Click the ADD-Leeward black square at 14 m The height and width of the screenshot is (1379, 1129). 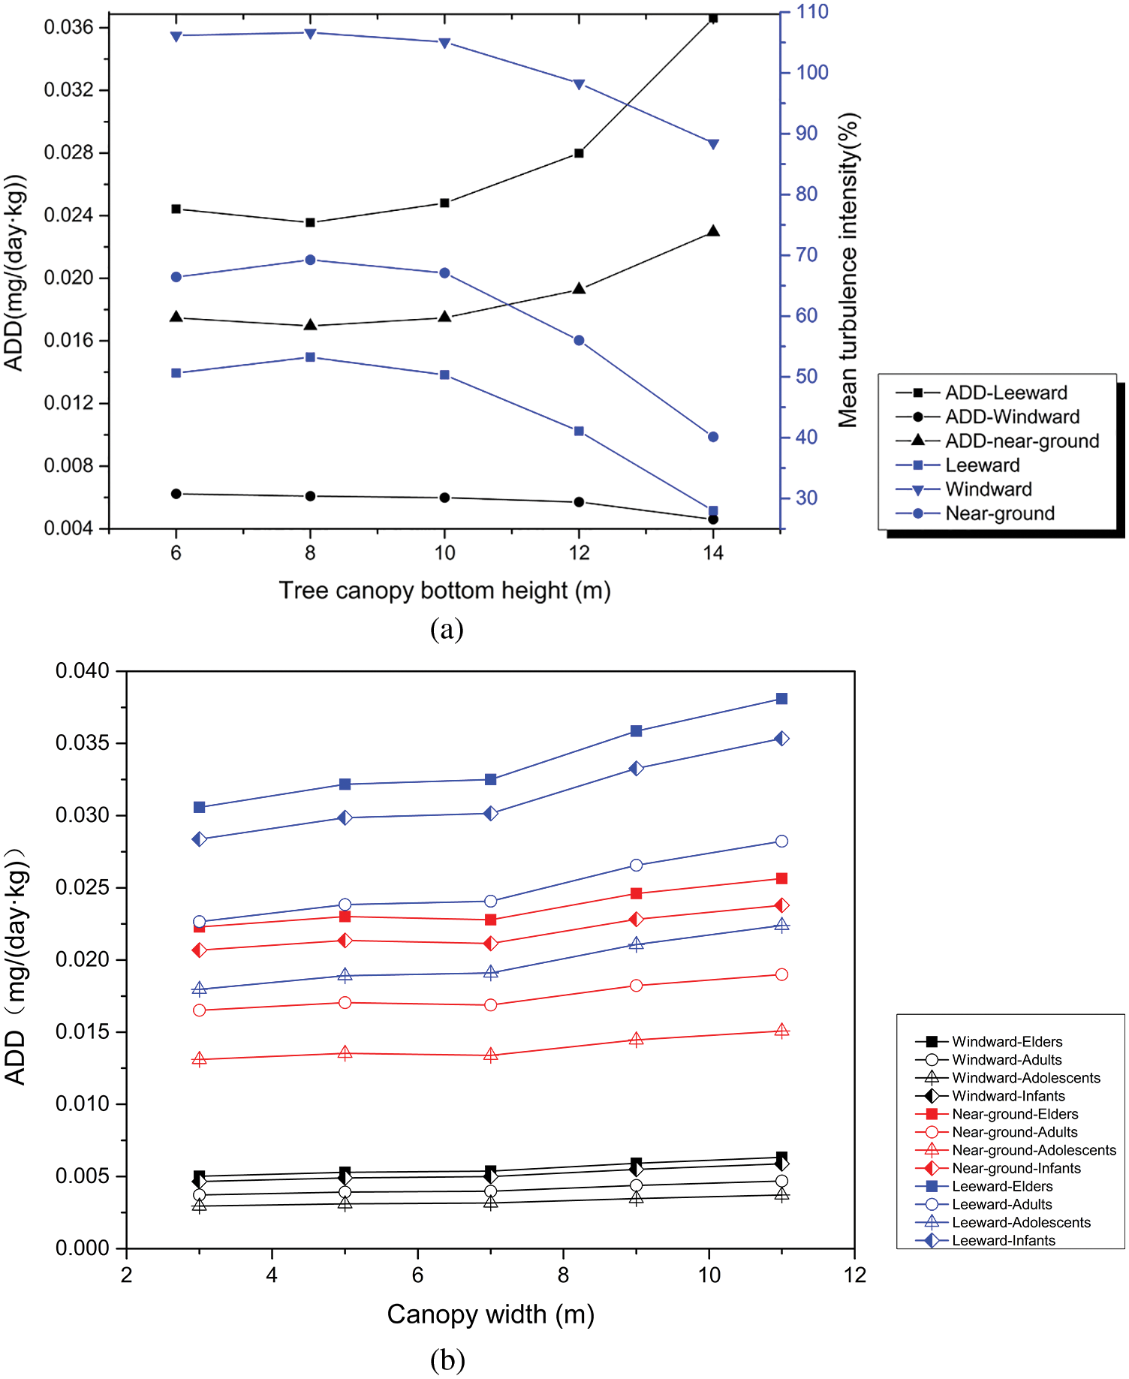click(x=713, y=18)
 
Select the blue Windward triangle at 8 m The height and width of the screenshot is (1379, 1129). click(x=310, y=33)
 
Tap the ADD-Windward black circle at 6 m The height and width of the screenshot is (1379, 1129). click(x=176, y=494)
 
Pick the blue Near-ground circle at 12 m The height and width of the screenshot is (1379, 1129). click(x=579, y=341)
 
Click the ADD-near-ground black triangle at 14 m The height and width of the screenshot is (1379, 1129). click(x=713, y=231)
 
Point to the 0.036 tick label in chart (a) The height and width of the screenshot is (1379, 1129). click(x=69, y=28)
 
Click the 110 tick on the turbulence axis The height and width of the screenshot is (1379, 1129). click(x=812, y=12)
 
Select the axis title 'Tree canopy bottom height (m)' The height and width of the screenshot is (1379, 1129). click(x=444, y=591)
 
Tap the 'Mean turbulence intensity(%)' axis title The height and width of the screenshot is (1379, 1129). click(x=848, y=270)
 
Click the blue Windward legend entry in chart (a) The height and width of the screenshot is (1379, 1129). click(x=988, y=489)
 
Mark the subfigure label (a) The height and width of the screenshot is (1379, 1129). click(x=447, y=628)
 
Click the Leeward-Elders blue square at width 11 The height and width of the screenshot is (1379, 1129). click(x=781, y=699)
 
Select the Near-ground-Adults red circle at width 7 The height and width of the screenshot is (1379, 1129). click(x=491, y=1005)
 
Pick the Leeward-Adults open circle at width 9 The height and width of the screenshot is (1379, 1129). click(x=636, y=866)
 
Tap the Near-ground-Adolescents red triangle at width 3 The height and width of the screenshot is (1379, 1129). click(x=200, y=1059)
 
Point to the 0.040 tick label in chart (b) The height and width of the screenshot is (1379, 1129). click(x=82, y=671)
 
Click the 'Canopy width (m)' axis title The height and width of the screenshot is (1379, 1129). click(x=490, y=1314)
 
